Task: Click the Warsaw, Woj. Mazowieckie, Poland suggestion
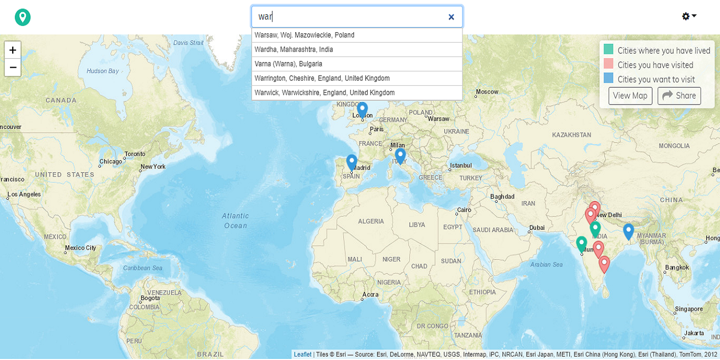coord(304,35)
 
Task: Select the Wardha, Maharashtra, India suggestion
coord(294,49)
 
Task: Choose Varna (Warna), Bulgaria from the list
coord(288,64)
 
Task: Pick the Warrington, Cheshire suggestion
coord(322,78)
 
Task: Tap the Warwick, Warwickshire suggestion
coord(324,92)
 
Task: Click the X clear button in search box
coord(451,17)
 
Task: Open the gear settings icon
coord(688,17)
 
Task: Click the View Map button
coord(630,96)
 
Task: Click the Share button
coord(679,96)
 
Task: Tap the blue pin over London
coord(362,109)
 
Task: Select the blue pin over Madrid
coord(352,161)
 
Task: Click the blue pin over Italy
coord(400,155)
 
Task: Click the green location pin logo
coord(23,17)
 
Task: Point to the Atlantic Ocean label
coord(235,220)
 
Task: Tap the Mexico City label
coord(80,248)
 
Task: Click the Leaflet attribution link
coord(302,354)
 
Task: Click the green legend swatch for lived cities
coord(608,49)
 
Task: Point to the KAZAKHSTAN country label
coord(571,135)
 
